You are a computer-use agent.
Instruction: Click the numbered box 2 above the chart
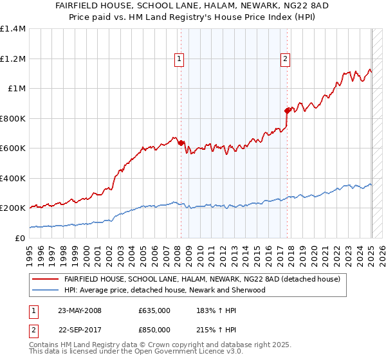coord(284,59)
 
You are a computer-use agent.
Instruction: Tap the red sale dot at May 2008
coord(181,143)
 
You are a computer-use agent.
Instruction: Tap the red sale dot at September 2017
coord(287,111)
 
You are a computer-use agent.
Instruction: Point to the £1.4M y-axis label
coord(13,29)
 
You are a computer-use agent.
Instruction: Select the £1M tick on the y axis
coord(17,89)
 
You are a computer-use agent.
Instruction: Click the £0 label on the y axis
coord(21,238)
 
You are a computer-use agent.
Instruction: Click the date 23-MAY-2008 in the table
coord(79,310)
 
